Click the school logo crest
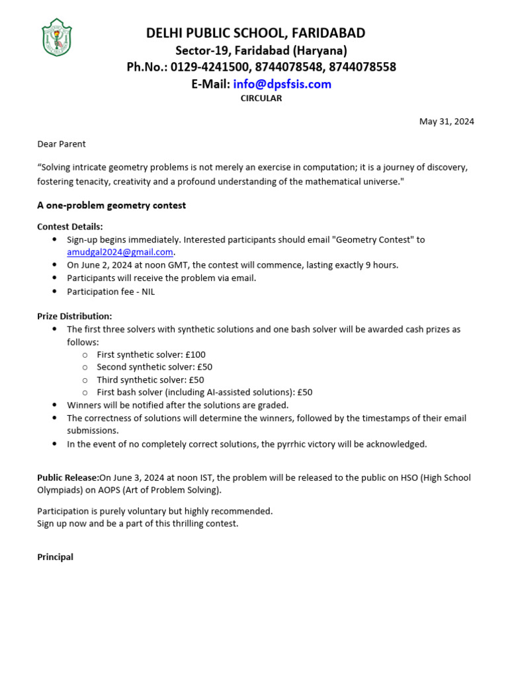coord(56,38)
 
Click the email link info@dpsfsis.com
coord(282,84)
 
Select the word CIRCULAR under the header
coord(261,98)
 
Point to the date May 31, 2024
coord(446,121)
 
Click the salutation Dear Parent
coord(62,143)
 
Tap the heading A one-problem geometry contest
coord(111,205)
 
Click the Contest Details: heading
coord(70,226)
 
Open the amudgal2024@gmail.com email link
coord(120,252)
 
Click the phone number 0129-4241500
coord(208,67)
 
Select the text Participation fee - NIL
coord(110,291)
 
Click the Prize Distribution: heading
coord(75,316)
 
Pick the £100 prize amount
coord(196,354)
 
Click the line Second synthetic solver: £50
coord(154,367)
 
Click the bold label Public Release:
coord(68,477)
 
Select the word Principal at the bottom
coord(55,557)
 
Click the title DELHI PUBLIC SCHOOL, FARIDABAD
coord(255,33)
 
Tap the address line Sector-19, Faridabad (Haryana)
coord(261,50)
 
